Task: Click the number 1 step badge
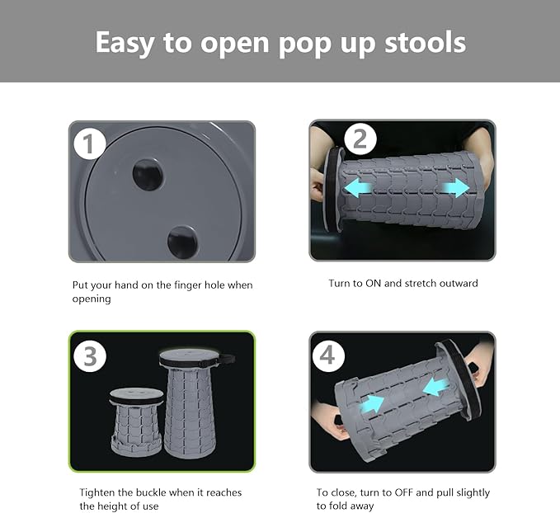coord(90,144)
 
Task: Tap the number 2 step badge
coord(360,139)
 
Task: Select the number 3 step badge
coord(90,356)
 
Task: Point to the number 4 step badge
coord(328,355)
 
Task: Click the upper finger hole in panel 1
coord(148,175)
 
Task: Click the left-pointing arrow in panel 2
coord(358,188)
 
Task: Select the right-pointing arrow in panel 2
coord(456,188)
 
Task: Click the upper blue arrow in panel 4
coord(435,387)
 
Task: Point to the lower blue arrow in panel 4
coord(372,404)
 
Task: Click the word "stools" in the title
coord(425,42)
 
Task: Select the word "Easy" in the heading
coord(125,44)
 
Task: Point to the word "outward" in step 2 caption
coord(459,283)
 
